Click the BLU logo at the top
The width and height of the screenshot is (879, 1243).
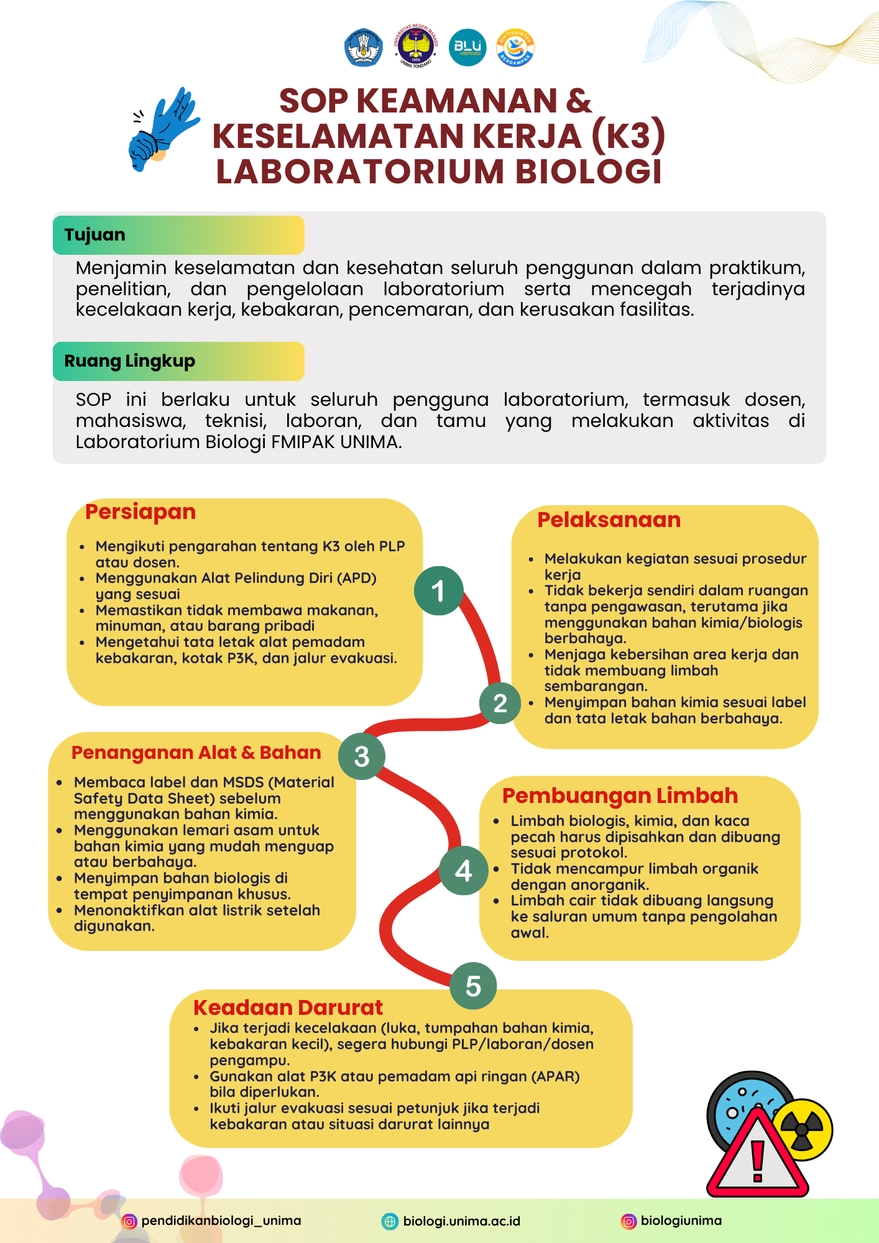(467, 47)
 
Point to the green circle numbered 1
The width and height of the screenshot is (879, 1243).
(438, 590)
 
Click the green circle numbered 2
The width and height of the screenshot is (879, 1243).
(500, 703)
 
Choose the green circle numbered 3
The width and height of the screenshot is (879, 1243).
(361, 756)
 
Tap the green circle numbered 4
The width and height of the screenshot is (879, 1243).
(463, 870)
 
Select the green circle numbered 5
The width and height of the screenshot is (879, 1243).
(473, 986)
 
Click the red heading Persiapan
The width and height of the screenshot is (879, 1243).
(140, 511)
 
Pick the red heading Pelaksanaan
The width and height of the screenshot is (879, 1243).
(609, 520)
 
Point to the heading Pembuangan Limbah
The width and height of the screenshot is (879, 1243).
(620, 796)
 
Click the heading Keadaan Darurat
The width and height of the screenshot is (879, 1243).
(288, 1007)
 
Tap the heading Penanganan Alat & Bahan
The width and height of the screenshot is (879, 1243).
(196, 753)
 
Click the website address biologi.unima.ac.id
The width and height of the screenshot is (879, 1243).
(461, 1221)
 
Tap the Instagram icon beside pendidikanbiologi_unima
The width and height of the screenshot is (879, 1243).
(129, 1221)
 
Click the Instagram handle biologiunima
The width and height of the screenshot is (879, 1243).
(681, 1221)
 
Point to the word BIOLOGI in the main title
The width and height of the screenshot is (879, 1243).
(589, 172)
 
